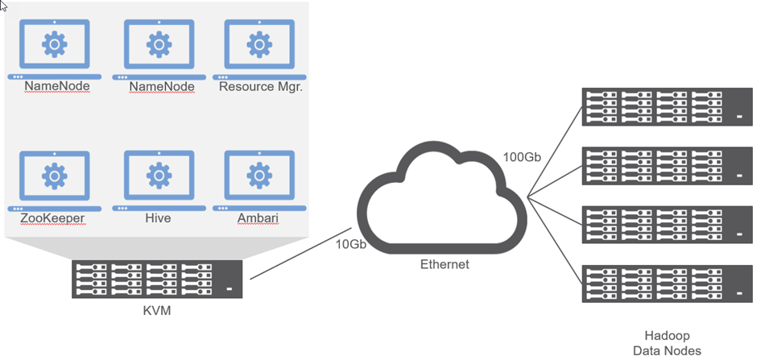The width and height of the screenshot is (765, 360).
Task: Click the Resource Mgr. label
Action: (x=260, y=86)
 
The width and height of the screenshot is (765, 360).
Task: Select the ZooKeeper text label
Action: (x=53, y=217)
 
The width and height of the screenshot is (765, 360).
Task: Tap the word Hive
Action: (x=159, y=217)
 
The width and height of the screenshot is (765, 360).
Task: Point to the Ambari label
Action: (x=258, y=217)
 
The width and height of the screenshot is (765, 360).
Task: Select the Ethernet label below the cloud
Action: (x=444, y=264)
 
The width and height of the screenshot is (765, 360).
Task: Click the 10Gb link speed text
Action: (x=351, y=244)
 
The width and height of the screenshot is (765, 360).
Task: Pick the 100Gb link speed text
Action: (x=521, y=157)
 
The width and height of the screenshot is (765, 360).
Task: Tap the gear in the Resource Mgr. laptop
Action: (x=258, y=43)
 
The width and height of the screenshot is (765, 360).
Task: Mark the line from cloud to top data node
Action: (x=556, y=153)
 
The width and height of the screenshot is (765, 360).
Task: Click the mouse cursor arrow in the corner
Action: (x=4, y=6)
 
